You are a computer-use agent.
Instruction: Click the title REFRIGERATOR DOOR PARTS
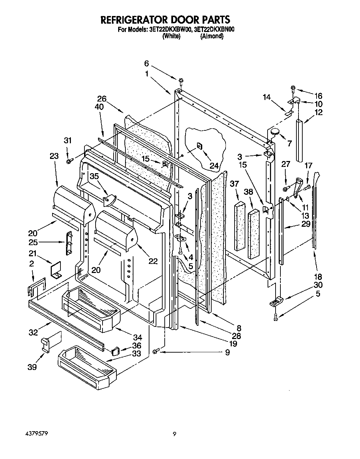pyautogui.click(x=165, y=19)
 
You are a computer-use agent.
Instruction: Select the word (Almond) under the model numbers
pyautogui.click(x=211, y=36)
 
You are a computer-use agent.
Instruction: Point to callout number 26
pyautogui.click(x=102, y=98)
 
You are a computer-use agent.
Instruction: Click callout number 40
pyautogui.click(x=99, y=107)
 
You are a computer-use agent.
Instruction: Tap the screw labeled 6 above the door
pyautogui.click(x=181, y=81)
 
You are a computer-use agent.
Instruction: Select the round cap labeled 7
pyautogui.click(x=275, y=132)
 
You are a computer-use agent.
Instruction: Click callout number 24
pyautogui.click(x=214, y=166)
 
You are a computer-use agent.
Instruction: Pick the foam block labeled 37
pyautogui.click(x=240, y=225)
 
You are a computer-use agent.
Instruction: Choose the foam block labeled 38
pyautogui.click(x=254, y=233)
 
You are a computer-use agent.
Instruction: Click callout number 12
pyautogui.click(x=318, y=112)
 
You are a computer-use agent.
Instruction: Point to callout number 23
pyautogui.click(x=54, y=156)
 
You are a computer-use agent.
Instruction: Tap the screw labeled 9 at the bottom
pyautogui.click(x=155, y=351)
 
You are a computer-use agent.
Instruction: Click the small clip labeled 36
pyautogui.click(x=115, y=349)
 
